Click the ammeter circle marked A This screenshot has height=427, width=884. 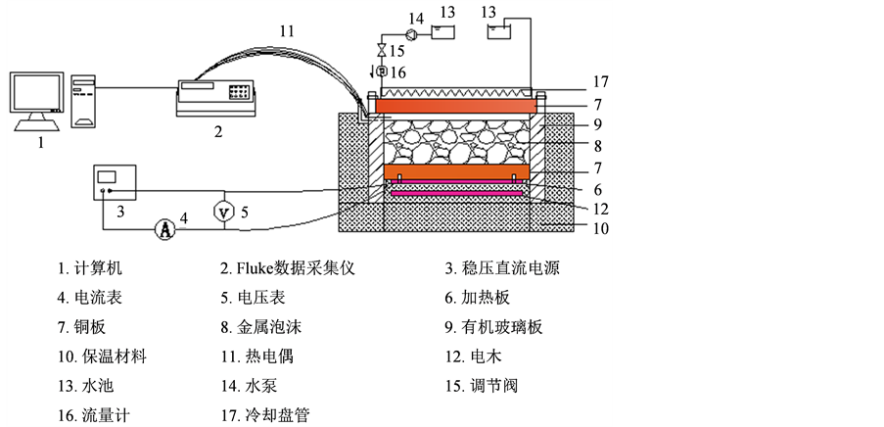point(165,228)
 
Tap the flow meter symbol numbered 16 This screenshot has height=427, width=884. point(381,71)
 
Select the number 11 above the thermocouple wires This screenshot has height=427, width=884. point(285,32)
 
